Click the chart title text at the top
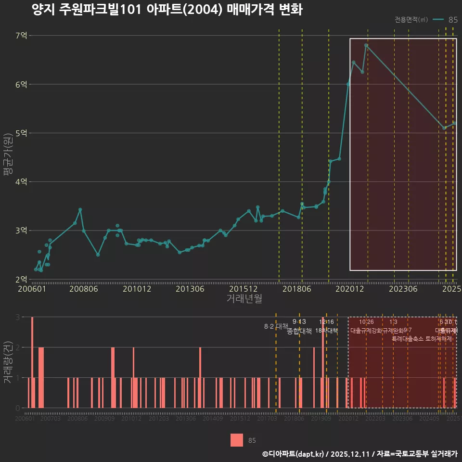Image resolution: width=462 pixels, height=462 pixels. (x=167, y=10)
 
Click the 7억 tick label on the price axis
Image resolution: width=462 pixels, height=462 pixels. (x=21, y=35)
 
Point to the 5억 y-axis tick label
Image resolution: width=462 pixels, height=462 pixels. (x=21, y=133)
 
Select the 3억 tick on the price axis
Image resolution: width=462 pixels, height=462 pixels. (x=21, y=231)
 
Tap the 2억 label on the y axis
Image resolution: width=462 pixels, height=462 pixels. (x=21, y=279)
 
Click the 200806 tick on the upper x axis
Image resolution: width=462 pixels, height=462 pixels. (x=83, y=289)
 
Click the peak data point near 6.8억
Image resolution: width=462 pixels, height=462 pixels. (x=366, y=45)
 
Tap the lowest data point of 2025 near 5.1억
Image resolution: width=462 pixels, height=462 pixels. (x=444, y=128)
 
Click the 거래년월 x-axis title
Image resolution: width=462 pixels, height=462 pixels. (x=244, y=299)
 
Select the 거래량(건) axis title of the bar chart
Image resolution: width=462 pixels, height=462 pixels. (x=7, y=362)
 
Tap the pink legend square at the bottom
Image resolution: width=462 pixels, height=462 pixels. (x=237, y=440)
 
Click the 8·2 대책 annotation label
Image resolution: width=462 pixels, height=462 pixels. (x=276, y=326)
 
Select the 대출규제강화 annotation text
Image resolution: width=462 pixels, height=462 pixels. (x=366, y=331)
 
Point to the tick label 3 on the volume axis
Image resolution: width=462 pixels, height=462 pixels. (x=18, y=317)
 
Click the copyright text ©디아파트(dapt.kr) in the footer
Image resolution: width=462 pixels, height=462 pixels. (x=294, y=454)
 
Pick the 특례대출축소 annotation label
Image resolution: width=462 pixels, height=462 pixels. (x=408, y=339)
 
